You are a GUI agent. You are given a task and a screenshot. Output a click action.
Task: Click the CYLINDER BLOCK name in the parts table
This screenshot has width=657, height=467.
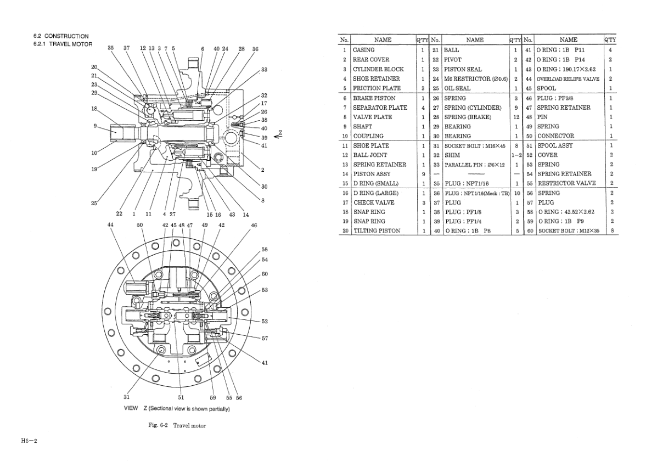(378, 69)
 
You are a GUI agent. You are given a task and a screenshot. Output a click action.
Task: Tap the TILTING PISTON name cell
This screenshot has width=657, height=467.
(377, 231)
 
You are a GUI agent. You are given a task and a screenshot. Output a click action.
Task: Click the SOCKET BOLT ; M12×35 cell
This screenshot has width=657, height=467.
(568, 231)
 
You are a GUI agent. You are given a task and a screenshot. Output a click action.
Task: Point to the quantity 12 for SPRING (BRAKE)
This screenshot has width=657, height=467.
(516, 117)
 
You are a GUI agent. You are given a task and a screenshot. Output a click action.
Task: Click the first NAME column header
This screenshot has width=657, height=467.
(383, 40)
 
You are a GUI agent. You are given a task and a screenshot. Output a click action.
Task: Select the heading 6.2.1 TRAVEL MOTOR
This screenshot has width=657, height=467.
(63, 44)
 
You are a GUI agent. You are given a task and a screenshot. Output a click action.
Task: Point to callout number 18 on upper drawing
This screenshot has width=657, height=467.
(94, 109)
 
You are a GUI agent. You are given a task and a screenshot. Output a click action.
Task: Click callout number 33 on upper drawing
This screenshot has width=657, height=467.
(264, 70)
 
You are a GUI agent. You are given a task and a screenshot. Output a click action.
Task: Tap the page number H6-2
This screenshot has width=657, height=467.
(29, 441)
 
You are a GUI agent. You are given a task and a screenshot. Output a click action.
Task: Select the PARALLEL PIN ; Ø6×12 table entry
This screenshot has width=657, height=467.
(474, 165)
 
